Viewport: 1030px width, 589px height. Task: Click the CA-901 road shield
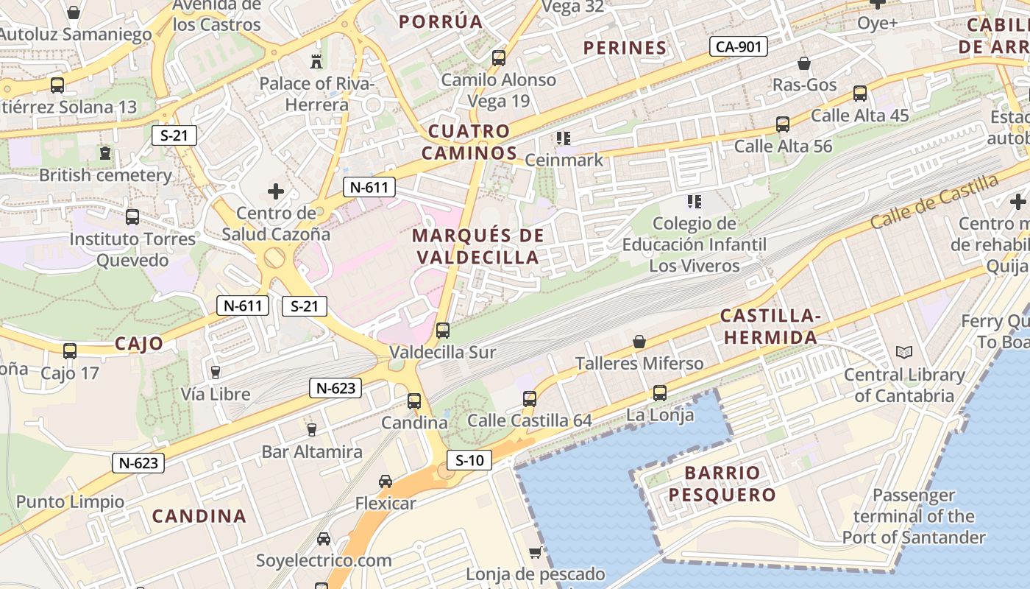click(x=739, y=47)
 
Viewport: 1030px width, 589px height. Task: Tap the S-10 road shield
click(x=469, y=461)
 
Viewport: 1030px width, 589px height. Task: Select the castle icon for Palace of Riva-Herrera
click(x=316, y=61)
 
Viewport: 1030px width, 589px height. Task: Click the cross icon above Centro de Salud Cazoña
click(x=276, y=192)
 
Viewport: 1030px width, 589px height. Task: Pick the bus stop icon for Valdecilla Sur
click(x=443, y=331)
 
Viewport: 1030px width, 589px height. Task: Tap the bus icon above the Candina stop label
click(x=414, y=401)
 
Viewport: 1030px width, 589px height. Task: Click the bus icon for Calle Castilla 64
click(x=530, y=399)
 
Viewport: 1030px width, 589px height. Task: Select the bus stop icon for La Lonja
click(x=660, y=393)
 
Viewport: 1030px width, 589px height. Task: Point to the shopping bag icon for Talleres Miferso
click(x=639, y=342)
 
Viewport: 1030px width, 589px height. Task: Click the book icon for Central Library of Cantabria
click(x=904, y=353)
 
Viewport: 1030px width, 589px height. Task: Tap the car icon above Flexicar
click(x=386, y=482)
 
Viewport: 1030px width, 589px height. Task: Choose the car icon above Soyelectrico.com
click(x=324, y=538)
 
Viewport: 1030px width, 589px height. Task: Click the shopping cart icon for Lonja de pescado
click(x=536, y=552)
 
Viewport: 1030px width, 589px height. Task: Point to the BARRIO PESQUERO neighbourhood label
click(x=722, y=484)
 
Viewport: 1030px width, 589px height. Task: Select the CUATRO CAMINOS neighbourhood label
click(x=469, y=142)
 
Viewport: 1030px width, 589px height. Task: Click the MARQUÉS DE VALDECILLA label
click(x=478, y=247)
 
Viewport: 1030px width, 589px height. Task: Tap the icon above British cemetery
click(x=104, y=154)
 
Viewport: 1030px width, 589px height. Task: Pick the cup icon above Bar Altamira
click(x=312, y=429)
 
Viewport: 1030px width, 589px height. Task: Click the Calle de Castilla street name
click(x=934, y=200)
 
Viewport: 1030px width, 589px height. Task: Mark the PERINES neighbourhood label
click(x=625, y=49)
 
